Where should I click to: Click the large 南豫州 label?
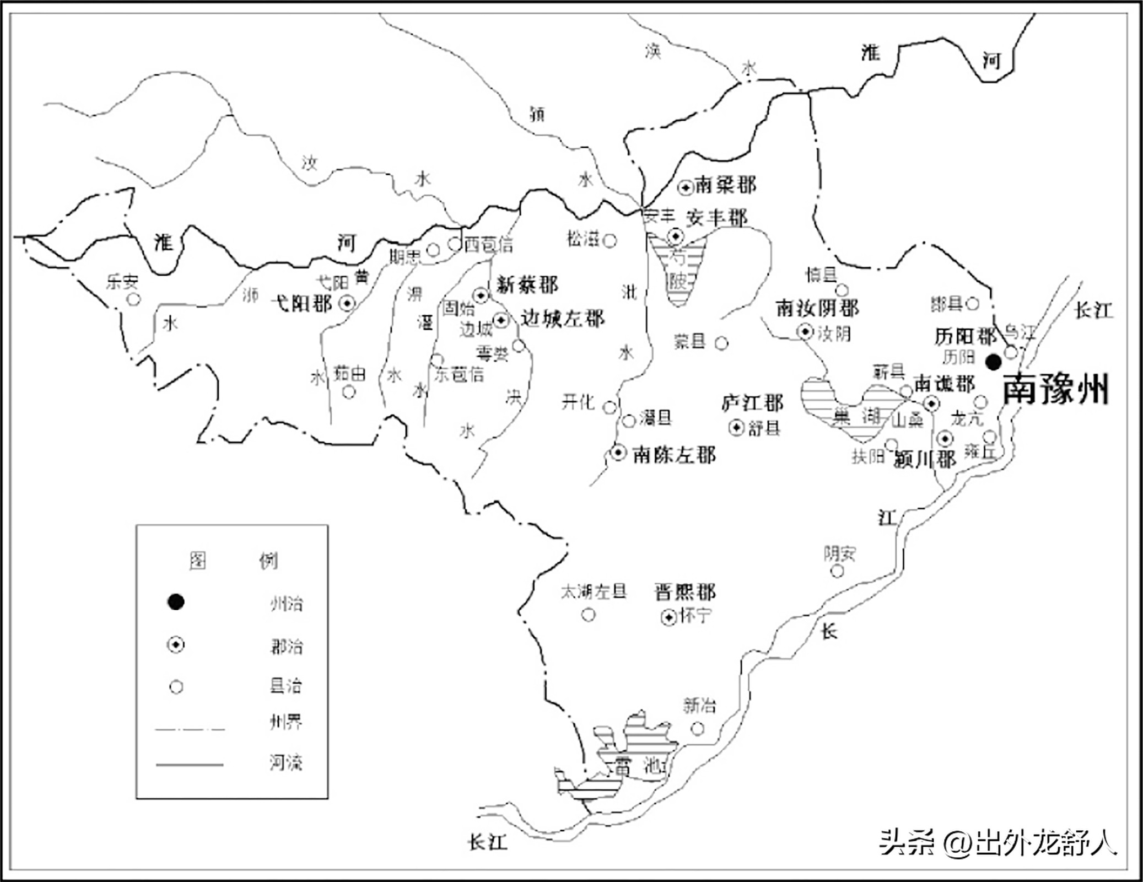(x=1055, y=390)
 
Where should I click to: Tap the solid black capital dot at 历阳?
(x=993, y=362)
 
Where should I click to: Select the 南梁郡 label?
(x=725, y=185)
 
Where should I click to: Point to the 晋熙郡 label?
(x=685, y=592)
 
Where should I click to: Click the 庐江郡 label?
(x=752, y=403)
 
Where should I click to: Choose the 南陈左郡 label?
(x=674, y=455)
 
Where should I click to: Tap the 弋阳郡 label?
(x=301, y=303)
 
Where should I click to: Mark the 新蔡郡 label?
(x=527, y=285)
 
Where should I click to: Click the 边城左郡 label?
(x=563, y=319)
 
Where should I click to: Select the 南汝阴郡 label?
(x=817, y=308)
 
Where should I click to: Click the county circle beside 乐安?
(x=134, y=299)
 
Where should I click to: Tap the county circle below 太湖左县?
(x=589, y=615)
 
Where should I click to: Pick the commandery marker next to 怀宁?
(x=668, y=617)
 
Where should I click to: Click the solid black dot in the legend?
(x=176, y=602)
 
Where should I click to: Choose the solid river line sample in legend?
(x=190, y=765)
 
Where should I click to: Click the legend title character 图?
(x=197, y=561)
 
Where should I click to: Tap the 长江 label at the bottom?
(x=487, y=842)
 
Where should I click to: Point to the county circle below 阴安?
(x=837, y=571)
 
